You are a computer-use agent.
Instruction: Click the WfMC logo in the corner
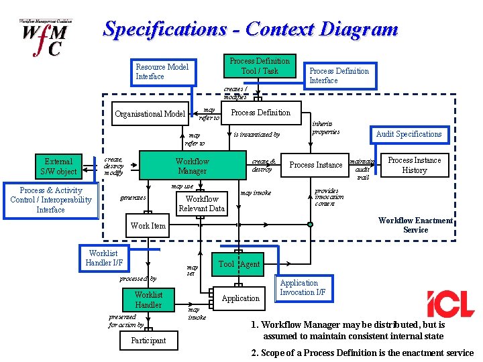pyautogui.click(x=46, y=38)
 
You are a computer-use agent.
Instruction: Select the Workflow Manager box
pyautogui.click(x=192, y=166)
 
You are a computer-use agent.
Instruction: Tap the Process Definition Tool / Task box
pyautogui.click(x=260, y=66)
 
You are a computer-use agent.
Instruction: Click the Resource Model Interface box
pyautogui.click(x=162, y=72)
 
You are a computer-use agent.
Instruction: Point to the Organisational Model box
pyautogui.click(x=150, y=114)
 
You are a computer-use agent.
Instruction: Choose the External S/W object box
pyautogui.click(x=58, y=166)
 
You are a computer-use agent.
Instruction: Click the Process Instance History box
pyautogui.click(x=414, y=165)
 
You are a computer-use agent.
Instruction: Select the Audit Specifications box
pyautogui.click(x=409, y=134)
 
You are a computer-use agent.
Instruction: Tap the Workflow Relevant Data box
pyautogui.click(x=202, y=204)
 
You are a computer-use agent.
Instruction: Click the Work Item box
pyautogui.click(x=148, y=226)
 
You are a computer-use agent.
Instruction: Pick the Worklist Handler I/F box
pyautogui.click(x=103, y=258)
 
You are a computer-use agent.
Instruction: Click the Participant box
pyautogui.click(x=148, y=341)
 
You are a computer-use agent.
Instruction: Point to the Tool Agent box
pyautogui.click(x=238, y=264)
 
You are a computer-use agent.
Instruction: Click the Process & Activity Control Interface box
pyautogui.click(x=50, y=200)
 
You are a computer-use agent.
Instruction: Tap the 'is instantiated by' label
pyautogui.click(x=257, y=135)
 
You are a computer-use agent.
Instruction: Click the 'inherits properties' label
pyautogui.click(x=327, y=127)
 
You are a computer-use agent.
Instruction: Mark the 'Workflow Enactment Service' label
pyautogui.click(x=415, y=225)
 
